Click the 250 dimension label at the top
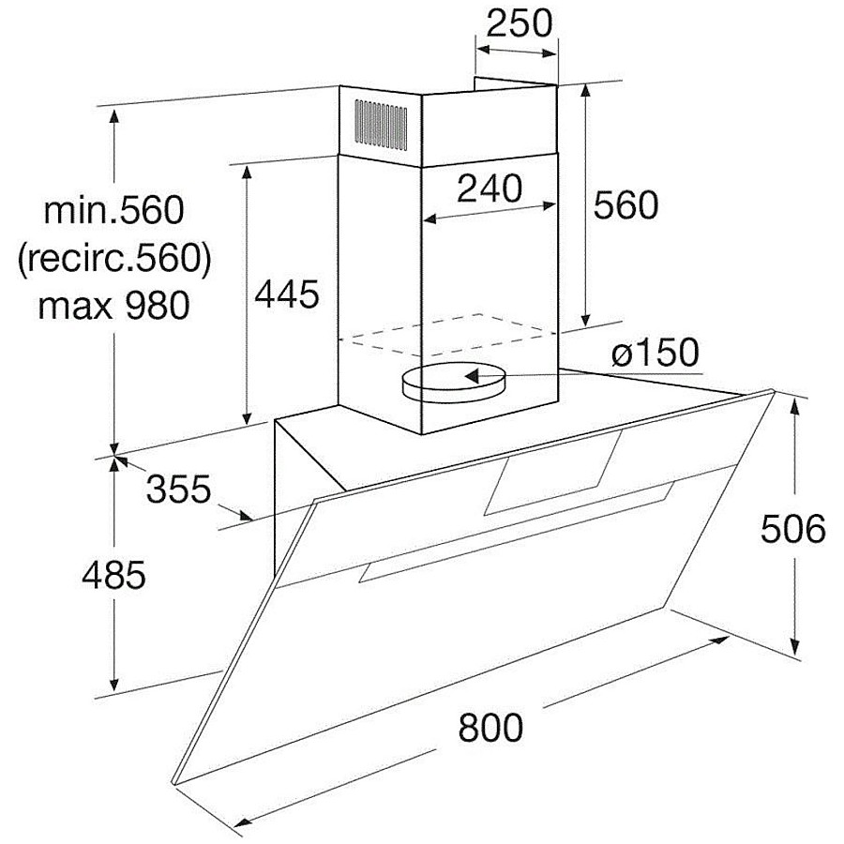pyautogui.click(x=519, y=23)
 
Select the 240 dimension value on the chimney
pyautogui.click(x=490, y=188)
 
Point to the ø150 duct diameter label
pyautogui.click(x=656, y=353)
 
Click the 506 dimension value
pyautogui.click(x=792, y=528)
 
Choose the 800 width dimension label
pyautogui.click(x=490, y=727)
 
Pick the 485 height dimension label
pyautogui.click(x=113, y=574)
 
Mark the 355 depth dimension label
pyautogui.click(x=178, y=490)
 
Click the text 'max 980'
pyautogui.click(x=113, y=305)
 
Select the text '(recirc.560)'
pyautogui.click(x=114, y=259)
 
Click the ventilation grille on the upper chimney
pyautogui.click(x=381, y=125)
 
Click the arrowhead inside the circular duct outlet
pyautogui.click(x=472, y=375)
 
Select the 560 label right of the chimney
pyautogui.click(x=625, y=204)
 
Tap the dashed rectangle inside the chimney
pyautogui.click(x=446, y=334)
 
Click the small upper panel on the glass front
pyautogui.click(x=552, y=473)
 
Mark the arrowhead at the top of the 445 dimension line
pyautogui.click(x=247, y=173)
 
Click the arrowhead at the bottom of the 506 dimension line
pyautogui.click(x=795, y=646)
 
